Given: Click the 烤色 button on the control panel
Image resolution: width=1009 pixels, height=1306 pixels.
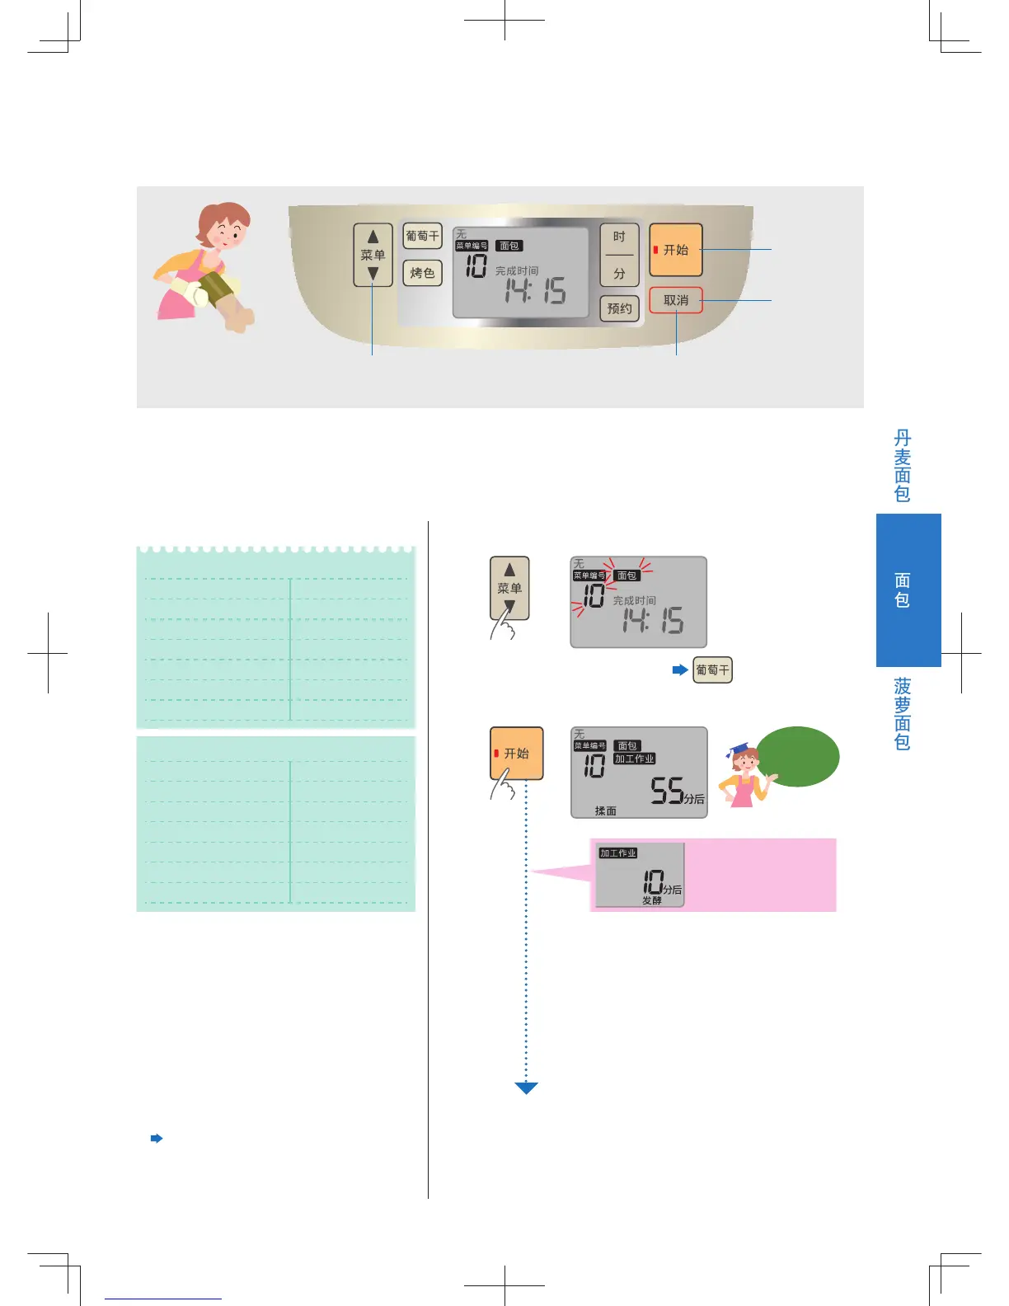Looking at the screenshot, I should pos(422,273).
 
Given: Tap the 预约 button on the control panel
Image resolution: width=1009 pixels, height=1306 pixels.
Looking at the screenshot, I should pos(619,308).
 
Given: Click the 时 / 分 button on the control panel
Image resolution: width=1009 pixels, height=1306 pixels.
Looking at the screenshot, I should pos(619,255).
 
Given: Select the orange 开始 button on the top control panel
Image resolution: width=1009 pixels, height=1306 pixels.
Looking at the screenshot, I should pos(676,250).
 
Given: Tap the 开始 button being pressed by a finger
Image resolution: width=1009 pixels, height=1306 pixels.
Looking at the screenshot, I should pos(517,753).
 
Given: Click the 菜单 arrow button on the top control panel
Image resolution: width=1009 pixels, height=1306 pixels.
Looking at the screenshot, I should pos(373,255).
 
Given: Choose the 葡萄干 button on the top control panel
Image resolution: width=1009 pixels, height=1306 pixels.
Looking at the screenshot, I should pos(422,236).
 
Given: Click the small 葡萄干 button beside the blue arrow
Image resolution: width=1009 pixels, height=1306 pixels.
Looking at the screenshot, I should pos(712,670).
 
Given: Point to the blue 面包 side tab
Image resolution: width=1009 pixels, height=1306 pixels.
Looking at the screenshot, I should pos(908,590).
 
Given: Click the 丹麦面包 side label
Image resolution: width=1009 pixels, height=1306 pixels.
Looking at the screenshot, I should pos(903,466).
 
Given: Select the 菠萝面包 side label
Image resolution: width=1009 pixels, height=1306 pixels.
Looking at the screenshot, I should pos(903,713).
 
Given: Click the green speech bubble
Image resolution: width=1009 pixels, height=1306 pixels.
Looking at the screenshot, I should pos(797,756).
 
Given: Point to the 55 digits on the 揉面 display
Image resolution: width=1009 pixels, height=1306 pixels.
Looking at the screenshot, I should pos(667,791).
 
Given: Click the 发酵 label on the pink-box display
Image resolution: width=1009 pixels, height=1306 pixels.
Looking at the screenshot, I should pos(652,900).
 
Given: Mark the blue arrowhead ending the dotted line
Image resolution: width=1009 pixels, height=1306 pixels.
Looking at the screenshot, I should pos(526,1088).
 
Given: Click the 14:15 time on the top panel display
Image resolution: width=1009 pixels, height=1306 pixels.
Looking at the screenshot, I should pos(535,290).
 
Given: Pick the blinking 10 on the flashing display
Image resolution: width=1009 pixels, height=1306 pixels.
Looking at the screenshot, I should pos(594,596).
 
